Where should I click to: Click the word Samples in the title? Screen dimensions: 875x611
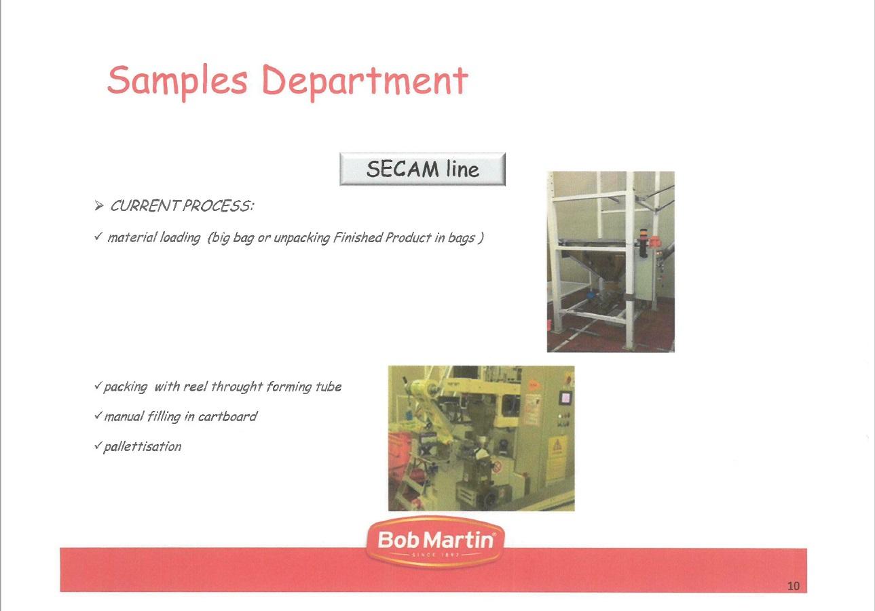click(177, 81)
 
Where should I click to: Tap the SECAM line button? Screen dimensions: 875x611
click(422, 169)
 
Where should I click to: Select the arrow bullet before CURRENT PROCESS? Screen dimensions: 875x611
click(99, 205)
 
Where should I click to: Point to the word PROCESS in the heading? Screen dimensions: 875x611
click(219, 205)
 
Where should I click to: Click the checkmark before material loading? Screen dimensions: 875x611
click(98, 236)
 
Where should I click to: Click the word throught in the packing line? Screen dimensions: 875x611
click(237, 387)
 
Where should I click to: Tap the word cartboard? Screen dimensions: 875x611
click(227, 416)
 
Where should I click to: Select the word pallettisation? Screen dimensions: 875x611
click(142, 447)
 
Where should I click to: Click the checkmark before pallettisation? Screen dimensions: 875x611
click(98, 446)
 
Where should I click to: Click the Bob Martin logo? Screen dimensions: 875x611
click(436, 543)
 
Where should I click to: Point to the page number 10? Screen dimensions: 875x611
click(794, 586)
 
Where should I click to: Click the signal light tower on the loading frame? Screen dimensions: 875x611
click(643, 243)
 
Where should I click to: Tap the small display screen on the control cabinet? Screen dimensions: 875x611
click(565, 397)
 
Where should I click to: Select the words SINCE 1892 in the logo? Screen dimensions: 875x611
click(435, 555)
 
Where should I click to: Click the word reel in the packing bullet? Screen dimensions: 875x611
click(196, 387)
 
